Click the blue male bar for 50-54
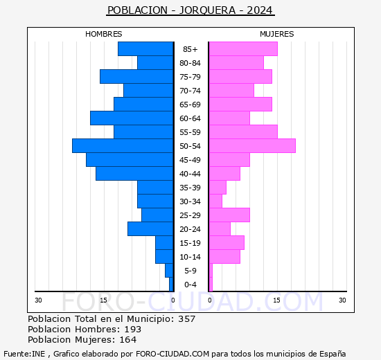click(123, 146)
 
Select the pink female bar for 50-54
click(252, 146)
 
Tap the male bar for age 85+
click(145, 49)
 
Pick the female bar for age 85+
click(243, 49)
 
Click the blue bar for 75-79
click(136, 77)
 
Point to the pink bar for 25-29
click(229, 215)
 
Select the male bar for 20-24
click(150, 229)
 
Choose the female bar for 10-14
click(224, 257)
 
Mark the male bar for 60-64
click(132, 118)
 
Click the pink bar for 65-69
click(240, 105)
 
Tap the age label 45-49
click(190, 160)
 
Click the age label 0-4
click(190, 285)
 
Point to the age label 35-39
click(190, 188)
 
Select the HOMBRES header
click(104, 34)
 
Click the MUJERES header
click(276, 34)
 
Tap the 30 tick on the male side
click(39, 300)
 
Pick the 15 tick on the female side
click(276, 300)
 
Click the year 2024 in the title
click(258, 10)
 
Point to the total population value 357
click(186, 319)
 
